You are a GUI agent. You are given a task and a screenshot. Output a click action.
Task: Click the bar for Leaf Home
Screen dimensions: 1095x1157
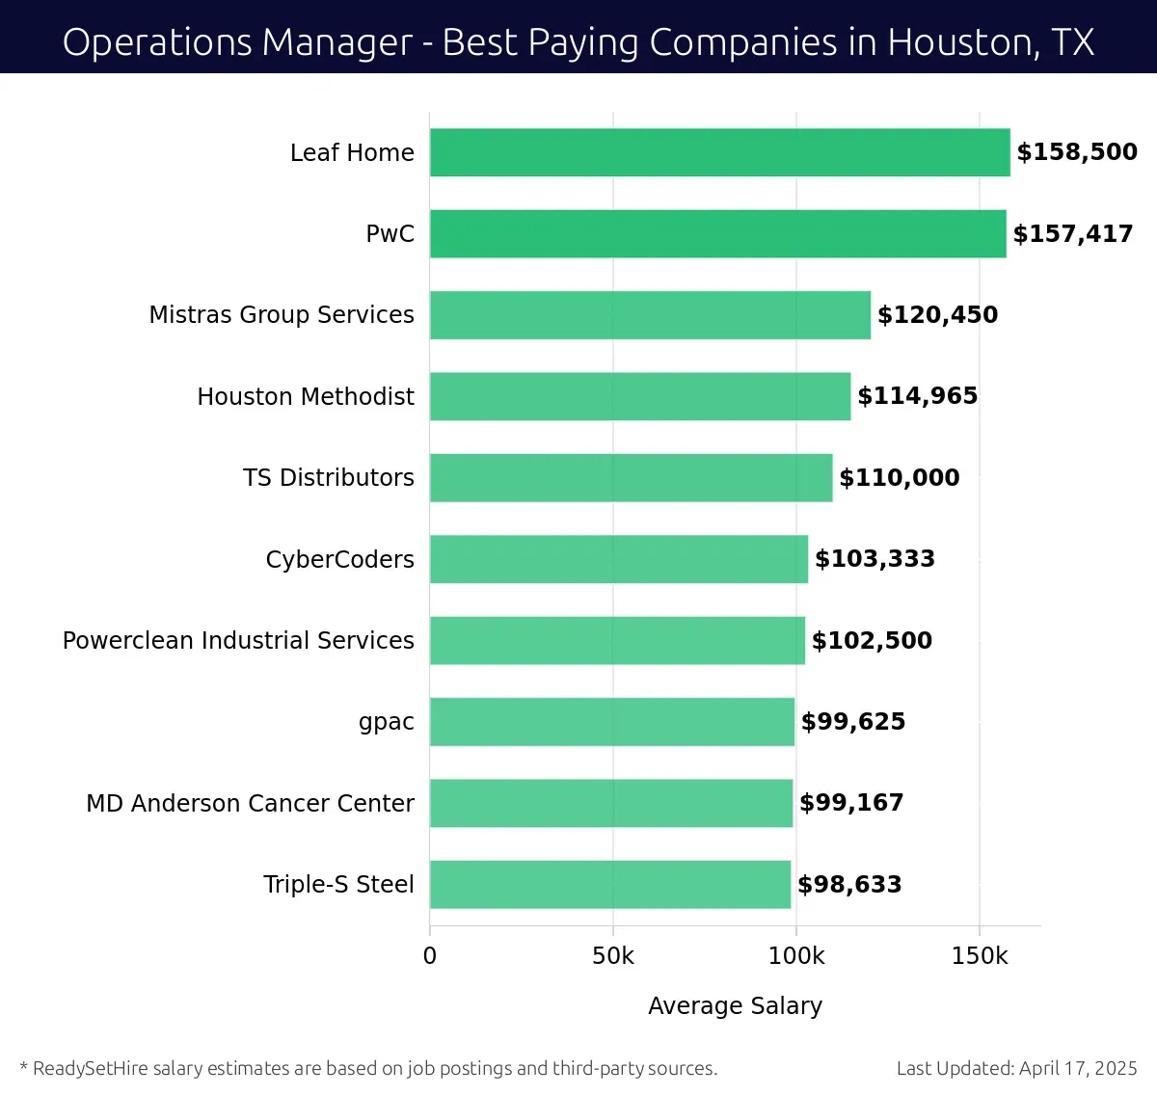click(719, 152)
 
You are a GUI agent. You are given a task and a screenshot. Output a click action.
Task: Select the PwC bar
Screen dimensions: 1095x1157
click(717, 233)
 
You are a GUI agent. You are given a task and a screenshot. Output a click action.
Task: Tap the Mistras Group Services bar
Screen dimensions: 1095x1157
click(650, 315)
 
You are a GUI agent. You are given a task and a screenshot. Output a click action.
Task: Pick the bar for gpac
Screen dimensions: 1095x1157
click(612, 722)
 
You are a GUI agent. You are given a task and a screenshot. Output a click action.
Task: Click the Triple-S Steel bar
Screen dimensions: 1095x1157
click(610, 885)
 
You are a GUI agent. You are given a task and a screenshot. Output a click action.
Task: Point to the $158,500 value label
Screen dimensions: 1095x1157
click(1077, 152)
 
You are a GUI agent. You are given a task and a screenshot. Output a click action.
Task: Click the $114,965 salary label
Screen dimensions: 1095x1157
click(917, 396)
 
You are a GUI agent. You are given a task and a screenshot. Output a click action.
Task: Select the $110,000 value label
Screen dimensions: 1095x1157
click(899, 478)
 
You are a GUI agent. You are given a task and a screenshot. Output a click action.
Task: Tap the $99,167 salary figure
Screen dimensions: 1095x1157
click(851, 803)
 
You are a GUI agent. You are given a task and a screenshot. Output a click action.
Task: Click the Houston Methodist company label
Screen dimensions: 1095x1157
click(306, 396)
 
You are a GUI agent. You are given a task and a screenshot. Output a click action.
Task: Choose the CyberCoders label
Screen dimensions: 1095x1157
click(339, 559)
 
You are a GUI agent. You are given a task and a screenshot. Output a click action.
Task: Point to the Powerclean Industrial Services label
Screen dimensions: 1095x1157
click(238, 641)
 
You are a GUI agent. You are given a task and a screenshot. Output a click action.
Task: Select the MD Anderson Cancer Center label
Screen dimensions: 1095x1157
click(250, 803)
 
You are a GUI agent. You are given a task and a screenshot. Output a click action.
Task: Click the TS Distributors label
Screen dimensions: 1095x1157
click(328, 478)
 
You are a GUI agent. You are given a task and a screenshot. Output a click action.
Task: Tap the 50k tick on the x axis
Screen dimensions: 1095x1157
click(613, 955)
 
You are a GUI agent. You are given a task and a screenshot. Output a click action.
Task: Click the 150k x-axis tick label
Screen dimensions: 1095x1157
click(980, 955)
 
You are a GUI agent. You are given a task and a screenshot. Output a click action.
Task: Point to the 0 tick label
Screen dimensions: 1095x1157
click(430, 955)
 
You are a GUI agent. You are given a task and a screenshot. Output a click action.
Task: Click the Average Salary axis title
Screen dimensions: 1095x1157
click(735, 1006)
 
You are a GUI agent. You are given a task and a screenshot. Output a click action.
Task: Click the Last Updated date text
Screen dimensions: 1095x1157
click(1016, 1068)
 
